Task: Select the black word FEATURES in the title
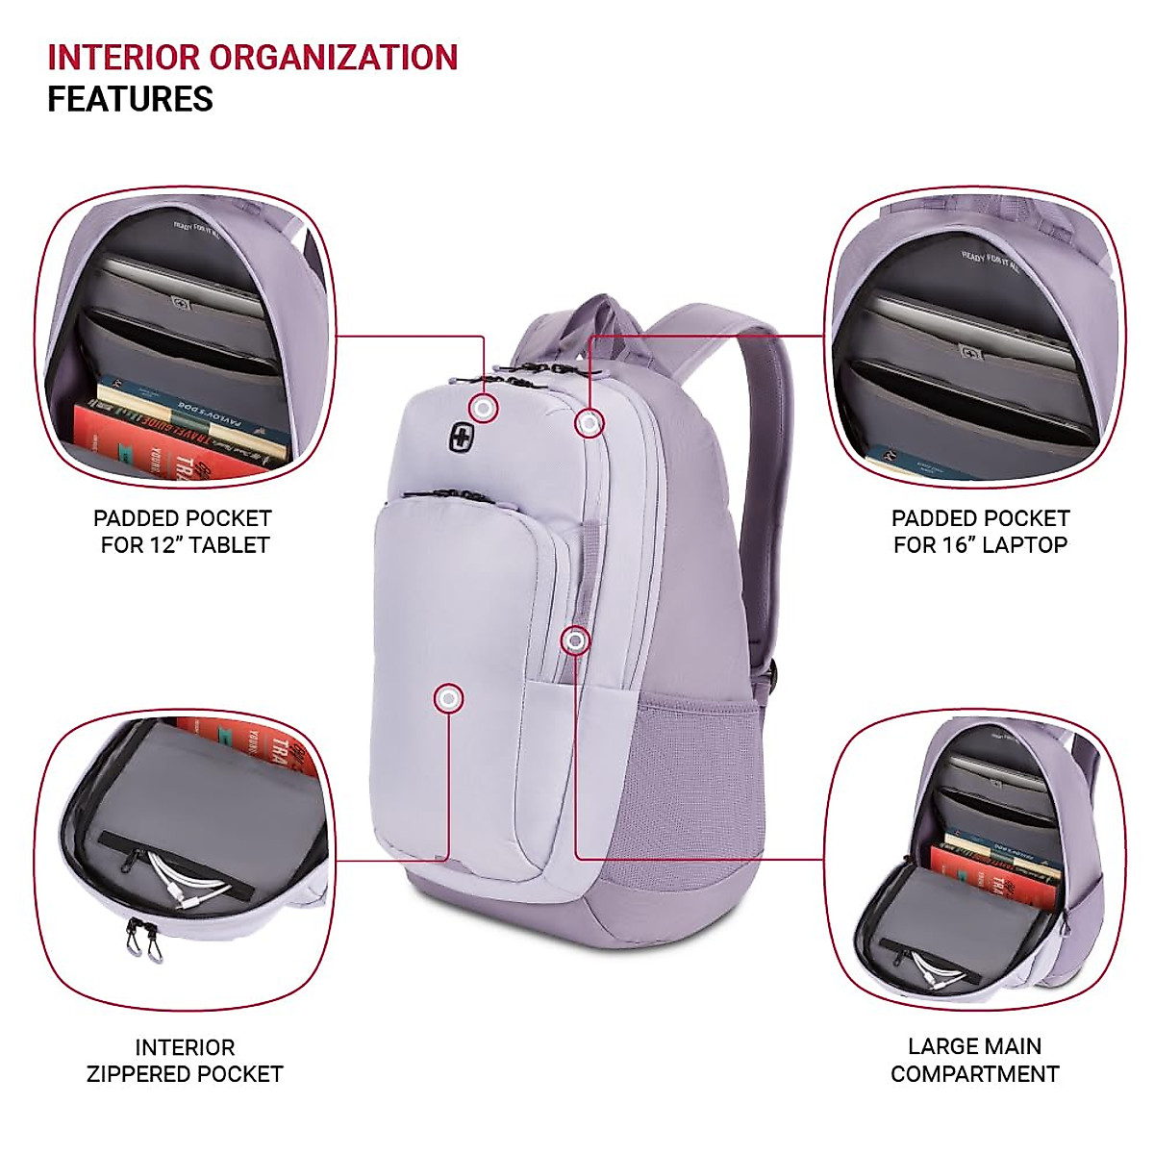(x=130, y=99)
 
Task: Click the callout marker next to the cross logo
(x=484, y=409)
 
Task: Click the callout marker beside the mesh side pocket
(x=575, y=640)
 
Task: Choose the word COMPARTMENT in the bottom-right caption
(x=974, y=1074)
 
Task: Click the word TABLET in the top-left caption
(x=229, y=545)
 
